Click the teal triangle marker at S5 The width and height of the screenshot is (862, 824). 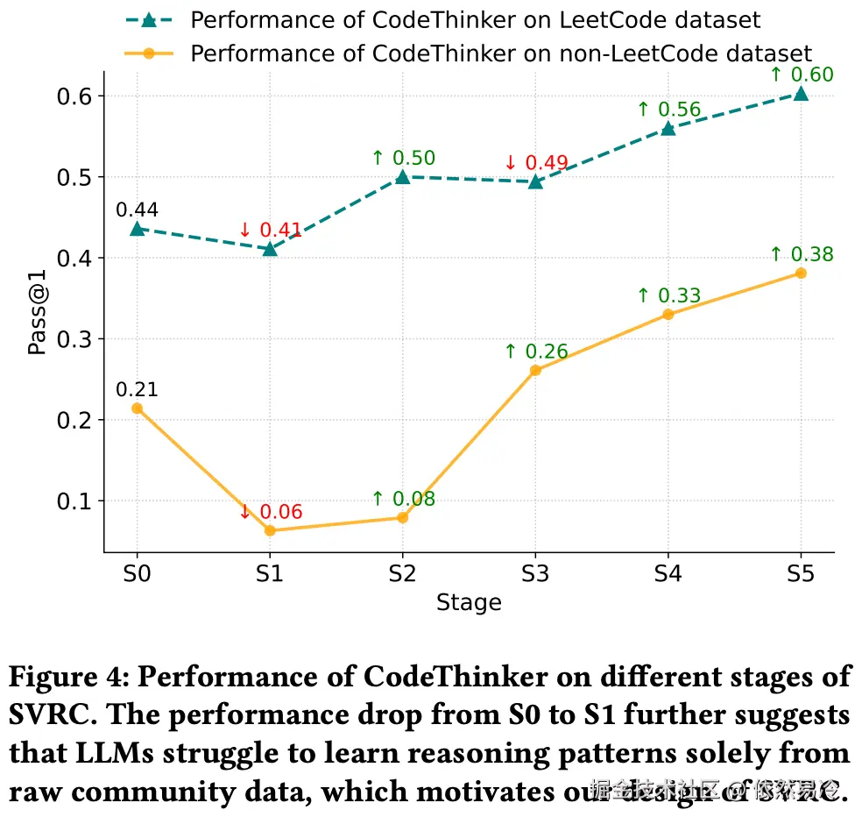pyautogui.click(x=801, y=94)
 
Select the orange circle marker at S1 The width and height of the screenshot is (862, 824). pyautogui.click(x=270, y=530)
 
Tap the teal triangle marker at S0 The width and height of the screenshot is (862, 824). pyautogui.click(x=137, y=229)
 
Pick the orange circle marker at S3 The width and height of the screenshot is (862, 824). pyautogui.click(x=535, y=370)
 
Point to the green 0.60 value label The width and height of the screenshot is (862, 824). pyautogui.click(x=802, y=75)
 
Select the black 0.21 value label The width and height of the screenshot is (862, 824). pyautogui.click(x=137, y=390)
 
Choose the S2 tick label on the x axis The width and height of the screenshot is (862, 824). pyautogui.click(x=402, y=574)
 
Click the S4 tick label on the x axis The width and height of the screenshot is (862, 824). pyautogui.click(x=668, y=574)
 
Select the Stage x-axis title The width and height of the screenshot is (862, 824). pyautogui.click(x=469, y=603)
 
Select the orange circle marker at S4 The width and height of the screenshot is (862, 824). pyautogui.click(x=668, y=314)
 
